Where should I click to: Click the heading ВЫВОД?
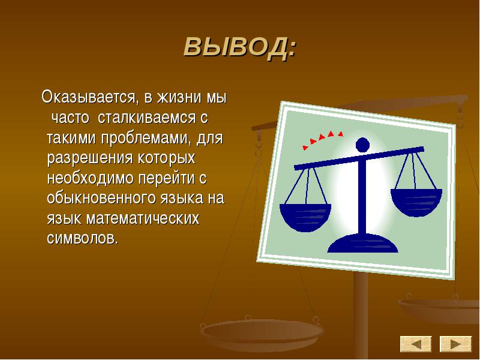pos(240,47)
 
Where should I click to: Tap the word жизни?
pos(179,98)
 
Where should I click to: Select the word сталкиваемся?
pos(146,118)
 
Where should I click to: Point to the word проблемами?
pos(145,139)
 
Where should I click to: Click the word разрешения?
pos(90,158)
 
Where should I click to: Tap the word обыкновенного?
pos(101,199)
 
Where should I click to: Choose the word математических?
pos(143,218)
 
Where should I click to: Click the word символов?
pos(82,238)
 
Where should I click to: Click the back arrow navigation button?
pos(416,343)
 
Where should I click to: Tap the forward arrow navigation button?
pos(456,343)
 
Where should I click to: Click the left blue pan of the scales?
pos(305,217)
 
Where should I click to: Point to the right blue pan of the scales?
pos(416,202)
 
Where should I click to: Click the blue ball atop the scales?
pos(363,145)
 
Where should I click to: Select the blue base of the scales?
pos(363,244)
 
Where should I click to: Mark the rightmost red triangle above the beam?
pos(340,133)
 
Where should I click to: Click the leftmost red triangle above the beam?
pos(305,148)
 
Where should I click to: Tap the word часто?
pos(71,118)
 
